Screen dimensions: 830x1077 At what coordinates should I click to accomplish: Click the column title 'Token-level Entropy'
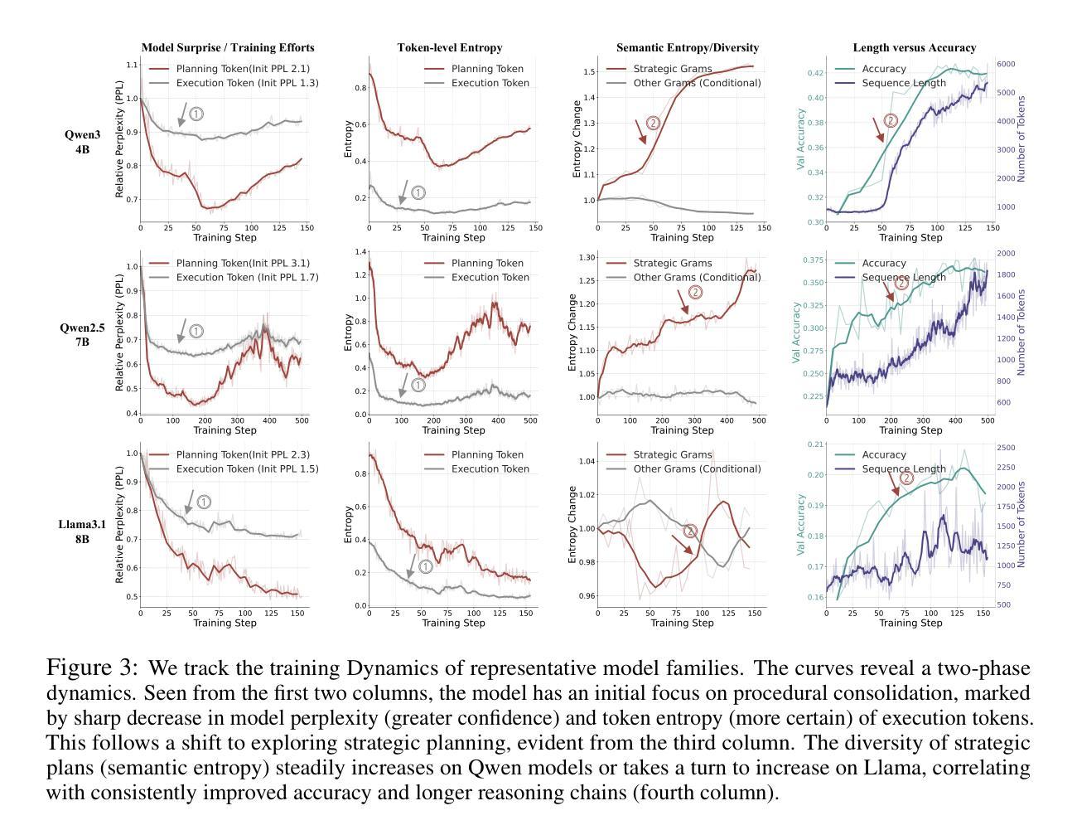449,48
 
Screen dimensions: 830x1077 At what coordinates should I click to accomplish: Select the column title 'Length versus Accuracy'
914,48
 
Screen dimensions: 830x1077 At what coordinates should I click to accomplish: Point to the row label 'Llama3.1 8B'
81,531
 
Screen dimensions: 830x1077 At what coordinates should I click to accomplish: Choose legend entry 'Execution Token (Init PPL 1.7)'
247,277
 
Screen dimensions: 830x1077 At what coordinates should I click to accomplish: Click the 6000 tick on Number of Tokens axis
1006,64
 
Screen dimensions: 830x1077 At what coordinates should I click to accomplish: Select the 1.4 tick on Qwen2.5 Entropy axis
360,252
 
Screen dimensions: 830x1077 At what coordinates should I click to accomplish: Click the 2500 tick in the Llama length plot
1006,448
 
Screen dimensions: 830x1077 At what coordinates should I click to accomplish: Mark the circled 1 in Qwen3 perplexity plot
196,114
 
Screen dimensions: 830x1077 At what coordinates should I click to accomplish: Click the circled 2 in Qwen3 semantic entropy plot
653,123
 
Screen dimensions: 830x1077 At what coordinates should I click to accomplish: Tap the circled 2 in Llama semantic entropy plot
690,531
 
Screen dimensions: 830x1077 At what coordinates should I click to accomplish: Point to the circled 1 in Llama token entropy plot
426,566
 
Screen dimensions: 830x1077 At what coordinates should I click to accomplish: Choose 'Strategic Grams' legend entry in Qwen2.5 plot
672,264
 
